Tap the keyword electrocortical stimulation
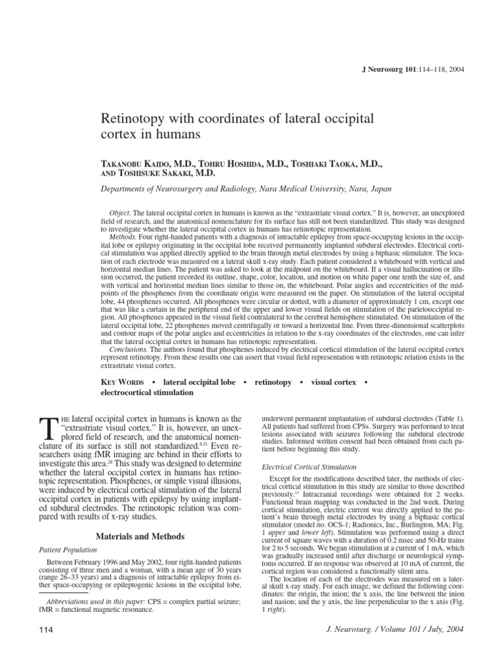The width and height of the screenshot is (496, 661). tap(147, 392)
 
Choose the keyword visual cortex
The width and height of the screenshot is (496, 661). tap(333, 382)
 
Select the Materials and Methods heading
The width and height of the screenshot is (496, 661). tap(141, 536)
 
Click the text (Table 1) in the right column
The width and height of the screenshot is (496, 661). tap(448, 419)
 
